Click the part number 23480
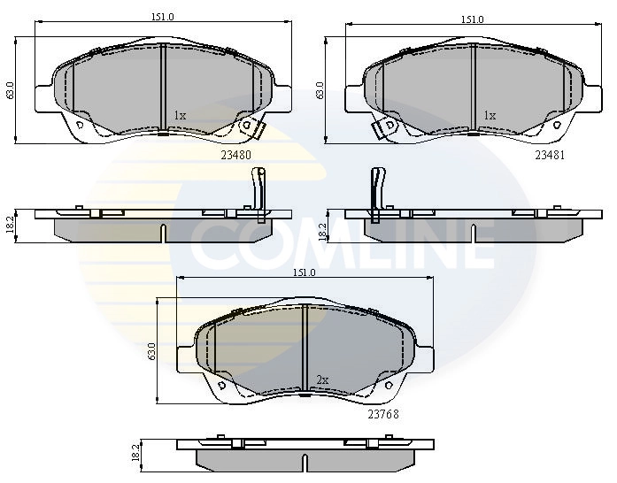236,154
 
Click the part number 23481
549,154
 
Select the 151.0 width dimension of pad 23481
472,19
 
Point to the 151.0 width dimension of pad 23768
304,273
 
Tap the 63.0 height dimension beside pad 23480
11,90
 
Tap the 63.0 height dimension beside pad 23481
320,90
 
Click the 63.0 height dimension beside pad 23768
152,350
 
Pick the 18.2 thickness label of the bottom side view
135,452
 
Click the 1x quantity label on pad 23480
180,115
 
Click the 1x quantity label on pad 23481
490,115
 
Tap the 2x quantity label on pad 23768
322,379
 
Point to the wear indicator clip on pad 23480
253,128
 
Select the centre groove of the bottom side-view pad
305,461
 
